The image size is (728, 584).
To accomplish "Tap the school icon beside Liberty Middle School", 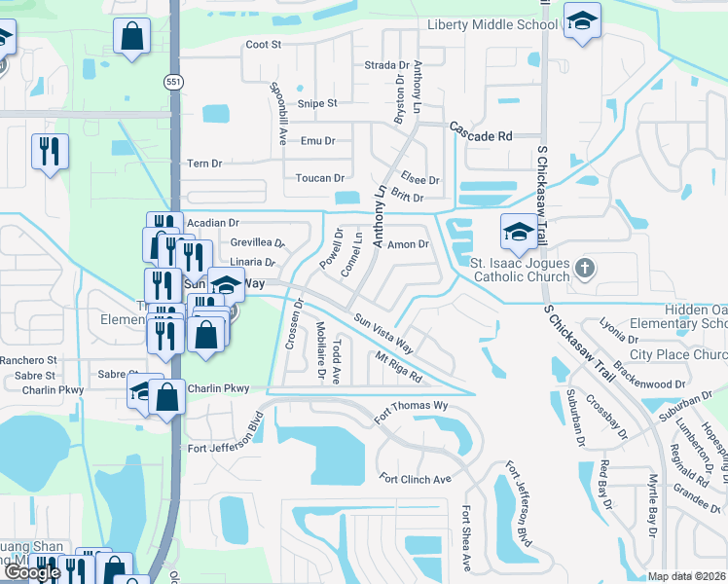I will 582,20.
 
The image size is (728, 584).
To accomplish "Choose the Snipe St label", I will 317,103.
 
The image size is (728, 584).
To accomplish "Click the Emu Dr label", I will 318,141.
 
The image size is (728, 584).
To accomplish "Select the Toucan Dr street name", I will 320,178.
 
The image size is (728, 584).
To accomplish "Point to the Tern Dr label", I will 204,164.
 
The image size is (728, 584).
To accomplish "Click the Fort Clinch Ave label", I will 416,479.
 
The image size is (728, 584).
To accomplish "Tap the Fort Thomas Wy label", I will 413,406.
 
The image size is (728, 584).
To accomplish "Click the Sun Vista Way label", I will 383,334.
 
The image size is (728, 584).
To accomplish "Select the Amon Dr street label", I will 409,245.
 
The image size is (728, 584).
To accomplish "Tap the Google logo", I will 32,572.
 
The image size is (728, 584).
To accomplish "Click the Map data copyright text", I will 687,576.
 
